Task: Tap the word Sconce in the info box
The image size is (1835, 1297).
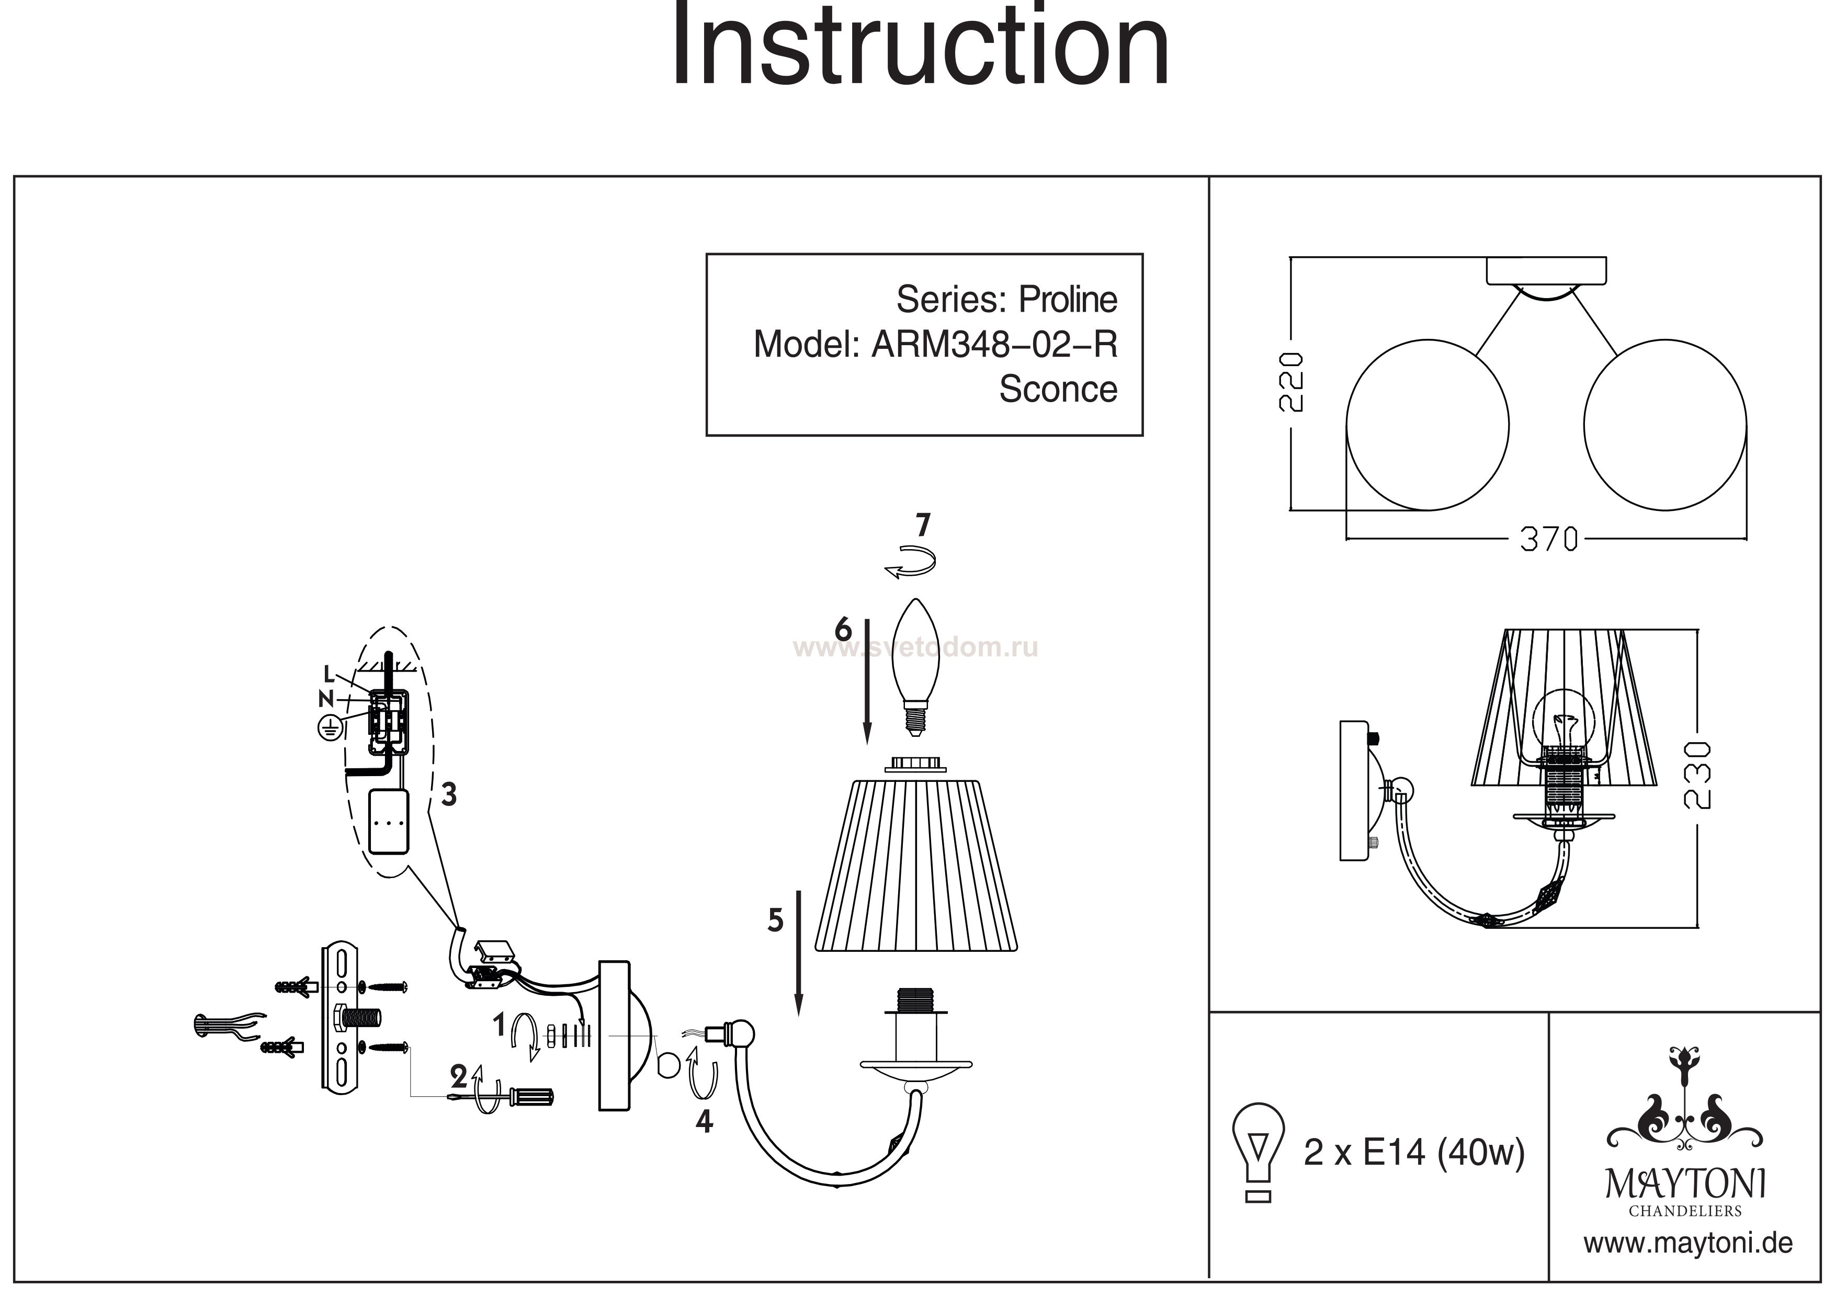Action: tap(1057, 389)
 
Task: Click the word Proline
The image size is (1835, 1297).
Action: tap(1067, 300)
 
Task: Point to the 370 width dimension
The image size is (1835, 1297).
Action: tap(1548, 540)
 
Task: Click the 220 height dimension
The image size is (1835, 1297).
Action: tap(1292, 381)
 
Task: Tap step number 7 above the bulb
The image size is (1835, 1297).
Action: tap(923, 526)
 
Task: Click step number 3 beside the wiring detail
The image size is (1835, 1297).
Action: tap(449, 794)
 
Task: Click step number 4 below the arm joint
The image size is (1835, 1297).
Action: tap(704, 1122)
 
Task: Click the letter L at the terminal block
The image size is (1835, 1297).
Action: tap(329, 675)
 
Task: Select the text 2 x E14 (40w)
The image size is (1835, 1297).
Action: tap(1414, 1152)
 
